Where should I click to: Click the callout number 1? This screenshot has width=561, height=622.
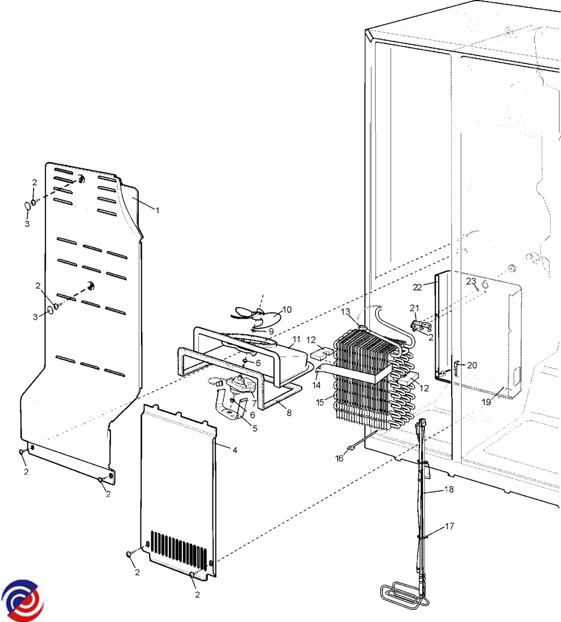[x=157, y=210]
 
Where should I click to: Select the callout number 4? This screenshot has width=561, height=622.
[x=235, y=450]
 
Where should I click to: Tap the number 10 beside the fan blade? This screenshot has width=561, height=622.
[x=287, y=309]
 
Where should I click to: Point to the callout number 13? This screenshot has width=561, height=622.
[x=346, y=312]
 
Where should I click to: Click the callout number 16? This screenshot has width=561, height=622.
[x=340, y=458]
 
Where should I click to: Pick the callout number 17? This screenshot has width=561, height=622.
[x=450, y=526]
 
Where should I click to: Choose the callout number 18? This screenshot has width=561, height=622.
[x=449, y=489]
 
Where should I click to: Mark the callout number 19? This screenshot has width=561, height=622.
[x=486, y=402]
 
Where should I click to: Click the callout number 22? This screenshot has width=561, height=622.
[x=418, y=288]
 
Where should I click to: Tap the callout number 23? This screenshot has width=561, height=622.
[x=471, y=281]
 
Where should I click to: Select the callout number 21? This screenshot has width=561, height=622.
[x=414, y=308]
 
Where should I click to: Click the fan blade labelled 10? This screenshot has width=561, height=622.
[x=256, y=316]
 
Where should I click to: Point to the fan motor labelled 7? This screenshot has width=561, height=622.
[x=240, y=385]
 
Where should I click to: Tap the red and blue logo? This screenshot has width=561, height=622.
[x=22, y=600]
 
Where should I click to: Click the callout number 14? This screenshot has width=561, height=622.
[x=317, y=385]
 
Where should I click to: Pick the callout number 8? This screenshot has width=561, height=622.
[x=289, y=413]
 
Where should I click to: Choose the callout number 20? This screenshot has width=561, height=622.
[x=472, y=365]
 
